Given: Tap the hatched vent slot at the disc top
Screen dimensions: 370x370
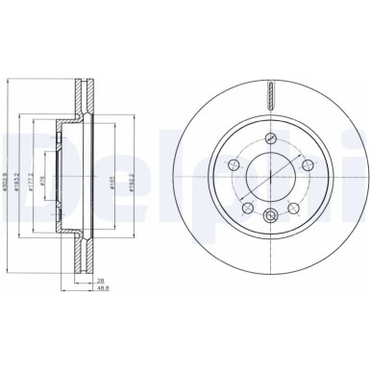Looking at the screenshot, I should tap(273, 94).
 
